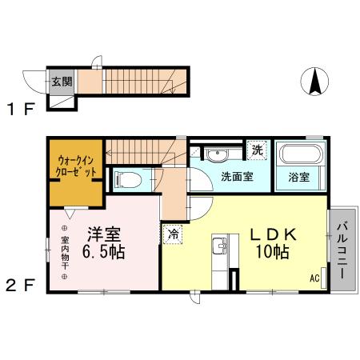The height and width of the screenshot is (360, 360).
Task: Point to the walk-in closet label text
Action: pyautogui.click(x=77, y=166)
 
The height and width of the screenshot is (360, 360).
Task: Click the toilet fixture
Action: pyautogui.click(x=128, y=180)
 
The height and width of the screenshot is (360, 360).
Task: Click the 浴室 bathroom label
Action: pyautogui.click(x=300, y=178)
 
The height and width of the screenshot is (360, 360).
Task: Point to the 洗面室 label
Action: pyautogui.click(x=237, y=177)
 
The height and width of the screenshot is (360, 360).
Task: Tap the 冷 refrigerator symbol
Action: pyautogui.click(x=173, y=234)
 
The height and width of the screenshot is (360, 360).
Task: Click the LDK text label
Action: pyautogui.click(x=274, y=234)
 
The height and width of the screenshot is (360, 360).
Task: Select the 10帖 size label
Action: pyautogui.click(x=272, y=252)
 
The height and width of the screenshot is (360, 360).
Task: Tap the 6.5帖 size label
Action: pyautogui.click(x=103, y=253)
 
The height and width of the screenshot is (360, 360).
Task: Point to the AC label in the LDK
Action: pyautogui.click(x=314, y=278)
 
